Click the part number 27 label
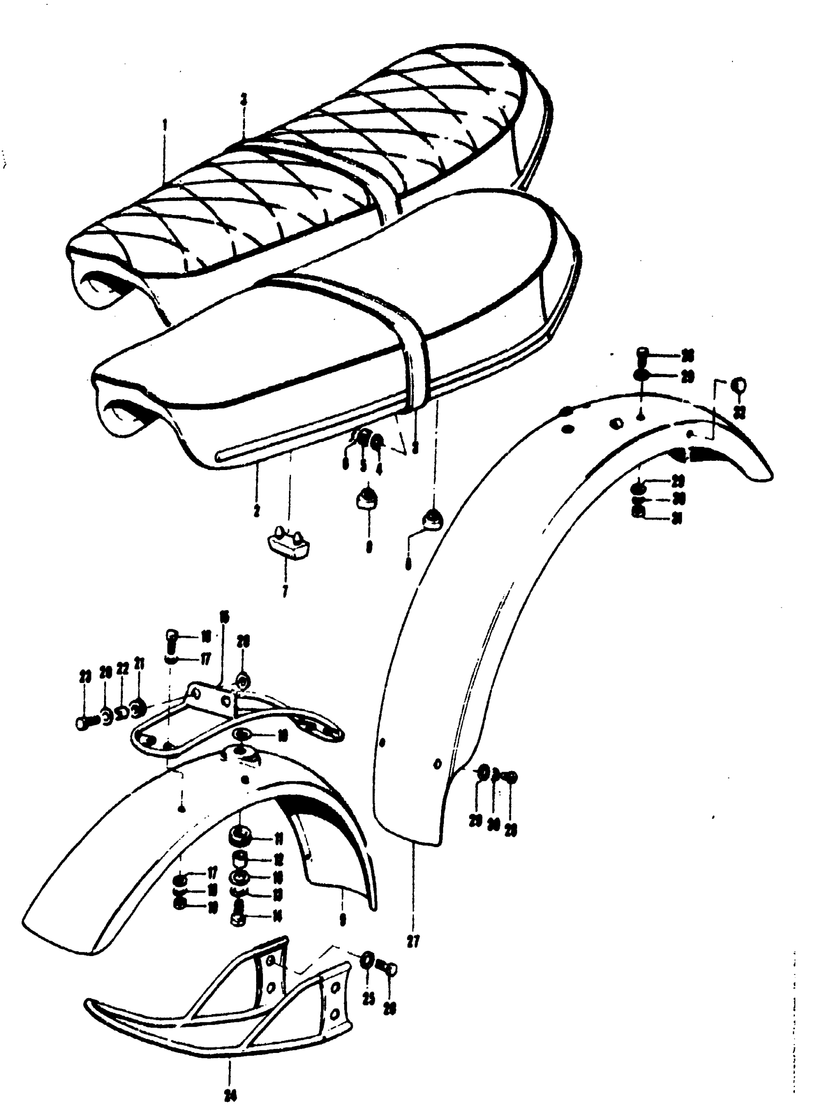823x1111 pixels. click(x=412, y=941)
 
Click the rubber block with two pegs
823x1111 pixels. click(x=289, y=545)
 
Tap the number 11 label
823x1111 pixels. click(x=278, y=840)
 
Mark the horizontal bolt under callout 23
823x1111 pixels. click(x=86, y=722)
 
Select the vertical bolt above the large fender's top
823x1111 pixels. click(x=642, y=357)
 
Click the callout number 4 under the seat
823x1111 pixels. click(x=380, y=468)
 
